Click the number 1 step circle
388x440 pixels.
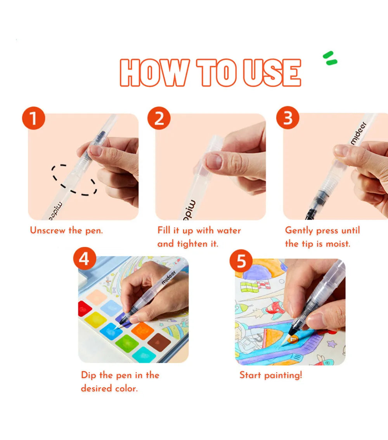(x=34, y=118)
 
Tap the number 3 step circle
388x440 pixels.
(x=288, y=118)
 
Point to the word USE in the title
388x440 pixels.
(x=272, y=73)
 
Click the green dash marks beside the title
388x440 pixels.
(x=330, y=58)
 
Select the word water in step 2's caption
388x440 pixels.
(x=229, y=230)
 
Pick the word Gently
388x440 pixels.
(x=299, y=231)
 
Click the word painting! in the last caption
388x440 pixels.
(x=283, y=376)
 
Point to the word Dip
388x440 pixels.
(x=88, y=376)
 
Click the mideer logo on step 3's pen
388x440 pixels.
(x=359, y=133)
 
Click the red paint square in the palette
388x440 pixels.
(x=84, y=308)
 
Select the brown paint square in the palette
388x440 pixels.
(x=159, y=342)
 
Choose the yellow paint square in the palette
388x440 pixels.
(x=95, y=320)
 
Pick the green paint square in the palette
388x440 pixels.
(x=127, y=343)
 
